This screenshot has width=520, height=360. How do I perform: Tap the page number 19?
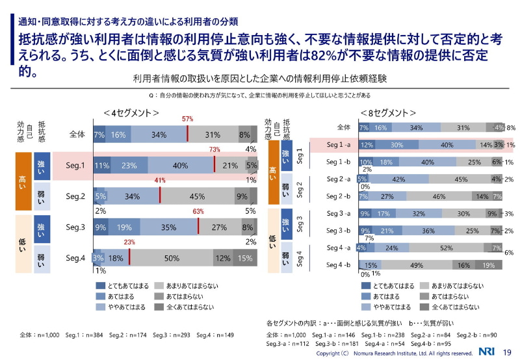tap(507, 352)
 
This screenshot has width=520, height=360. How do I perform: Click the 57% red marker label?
tap(187, 120)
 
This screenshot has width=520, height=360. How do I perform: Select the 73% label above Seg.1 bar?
tap(214, 150)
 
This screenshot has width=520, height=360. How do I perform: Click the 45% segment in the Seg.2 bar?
tap(197, 196)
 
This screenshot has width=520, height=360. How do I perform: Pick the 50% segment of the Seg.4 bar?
tap(172, 258)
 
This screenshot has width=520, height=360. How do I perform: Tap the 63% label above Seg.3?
tap(199, 212)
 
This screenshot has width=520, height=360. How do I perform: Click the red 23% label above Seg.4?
tap(129, 242)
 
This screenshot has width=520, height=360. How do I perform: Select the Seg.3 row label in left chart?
tap(76, 227)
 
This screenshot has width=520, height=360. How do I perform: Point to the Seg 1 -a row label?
tap(338, 145)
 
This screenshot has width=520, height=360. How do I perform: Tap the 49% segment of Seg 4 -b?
tap(417, 265)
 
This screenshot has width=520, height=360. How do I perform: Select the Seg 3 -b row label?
tap(338, 230)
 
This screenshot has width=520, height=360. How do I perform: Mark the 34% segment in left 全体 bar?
tap(157, 135)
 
